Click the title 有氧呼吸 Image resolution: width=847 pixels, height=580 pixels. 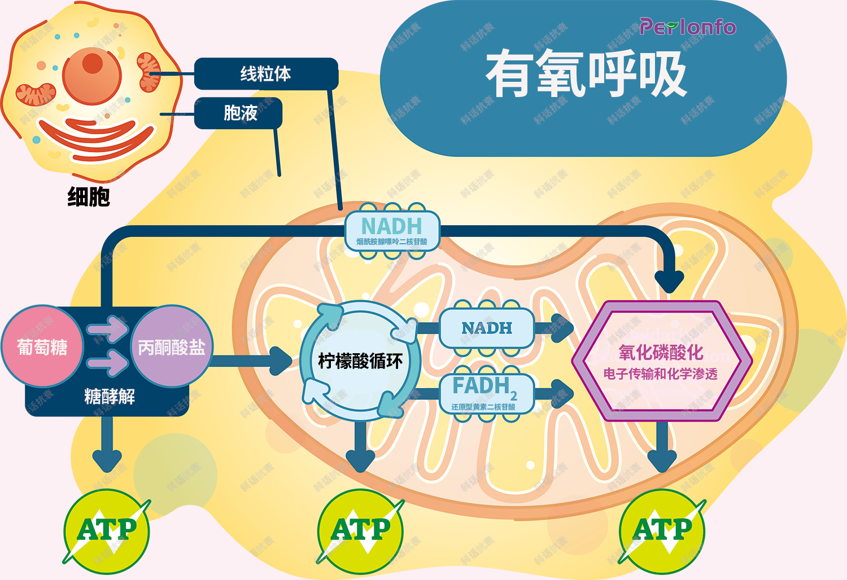pyautogui.click(x=586, y=74)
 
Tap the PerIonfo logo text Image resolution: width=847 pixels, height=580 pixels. pyautogui.click(x=687, y=27)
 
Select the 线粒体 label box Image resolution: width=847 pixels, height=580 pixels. pyautogui.click(x=265, y=73)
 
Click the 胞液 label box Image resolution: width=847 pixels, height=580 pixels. pyautogui.click(x=239, y=113)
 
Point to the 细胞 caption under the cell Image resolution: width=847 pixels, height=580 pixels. pyautogui.click(x=89, y=197)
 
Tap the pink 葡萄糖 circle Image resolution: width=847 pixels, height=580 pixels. pyautogui.click(x=42, y=346)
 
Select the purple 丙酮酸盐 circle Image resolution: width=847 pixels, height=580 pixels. pyautogui.click(x=172, y=346)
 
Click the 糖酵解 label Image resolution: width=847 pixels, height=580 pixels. pyautogui.click(x=110, y=397)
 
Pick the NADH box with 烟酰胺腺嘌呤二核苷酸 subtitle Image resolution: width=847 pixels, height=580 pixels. pyautogui.click(x=392, y=230)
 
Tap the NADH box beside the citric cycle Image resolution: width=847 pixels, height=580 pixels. pyautogui.click(x=486, y=328)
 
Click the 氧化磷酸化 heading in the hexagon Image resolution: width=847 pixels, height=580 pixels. pyautogui.click(x=661, y=353)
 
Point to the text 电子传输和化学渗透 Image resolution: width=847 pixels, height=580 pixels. pyautogui.click(x=661, y=374)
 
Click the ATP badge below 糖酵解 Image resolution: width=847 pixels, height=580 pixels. pyautogui.click(x=107, y=530)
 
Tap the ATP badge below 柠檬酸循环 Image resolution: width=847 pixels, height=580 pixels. pyautogui.click(x=360, y=530)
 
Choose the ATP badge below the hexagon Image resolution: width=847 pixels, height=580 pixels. pyautogui.click(x=662, y=530)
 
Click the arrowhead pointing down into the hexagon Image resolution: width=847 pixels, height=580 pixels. pyautogui.click(x=669, y=280)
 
